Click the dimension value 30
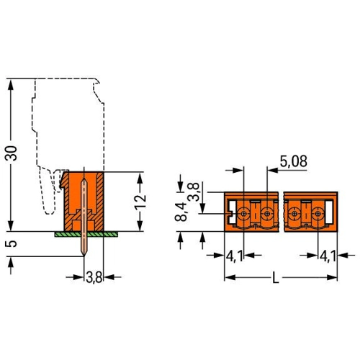click(12, 153)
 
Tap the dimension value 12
click(140, 202)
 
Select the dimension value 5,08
click(294, 161)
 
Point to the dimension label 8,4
click(181, 211)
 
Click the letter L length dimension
click(276, 279)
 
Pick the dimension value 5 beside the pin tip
click(11, 243)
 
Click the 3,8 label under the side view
click(94, 278)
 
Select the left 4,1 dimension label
click(235, 256)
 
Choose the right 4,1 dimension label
click(328, 256)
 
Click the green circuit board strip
click(86, 234)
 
